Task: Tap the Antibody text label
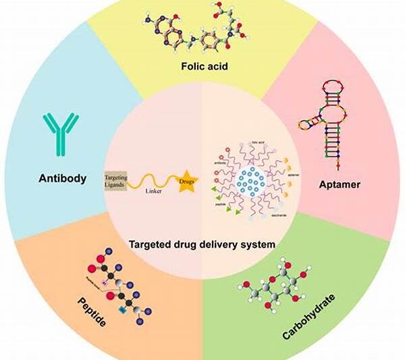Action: click(x=62, y=178)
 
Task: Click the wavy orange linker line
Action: click(x=152, y=181)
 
